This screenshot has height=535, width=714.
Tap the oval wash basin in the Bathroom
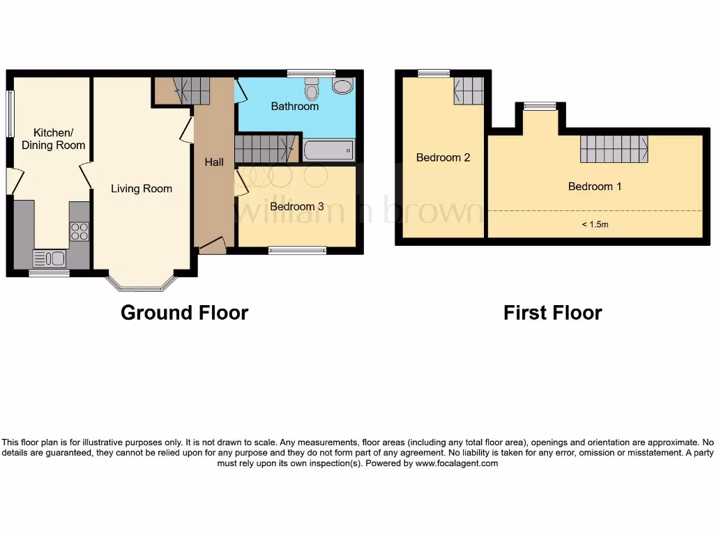click(x=342, y=86)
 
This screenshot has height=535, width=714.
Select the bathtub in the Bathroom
click(x=328, y=150)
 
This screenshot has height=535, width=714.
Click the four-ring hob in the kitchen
click(x=79, y=231)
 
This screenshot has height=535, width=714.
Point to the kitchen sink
click(x=50, y=259)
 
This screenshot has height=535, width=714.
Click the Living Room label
click(x=142, y=188)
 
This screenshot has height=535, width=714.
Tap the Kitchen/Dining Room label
click(x=53, y=139)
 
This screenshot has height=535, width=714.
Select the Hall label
click(x=214, y=162)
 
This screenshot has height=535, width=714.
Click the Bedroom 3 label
click(x=296, y=206)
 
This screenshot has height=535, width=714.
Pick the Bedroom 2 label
click(x=443, y=157)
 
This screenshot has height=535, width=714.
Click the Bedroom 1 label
click(x=595, y=186)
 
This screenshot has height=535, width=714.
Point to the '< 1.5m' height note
click(x=595, y=224)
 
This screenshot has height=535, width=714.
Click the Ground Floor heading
click(x=184, y=312)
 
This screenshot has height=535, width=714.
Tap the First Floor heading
click(x=552, y=313)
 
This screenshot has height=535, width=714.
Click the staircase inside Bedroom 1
click(x=614, y=148)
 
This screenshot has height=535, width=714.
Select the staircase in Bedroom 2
click(x=469, y=91)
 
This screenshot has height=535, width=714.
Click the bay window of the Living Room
click(x=141, y=284)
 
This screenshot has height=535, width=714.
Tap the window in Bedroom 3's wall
click(x=298, y=249)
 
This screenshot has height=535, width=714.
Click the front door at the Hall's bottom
click(x=212, y=245)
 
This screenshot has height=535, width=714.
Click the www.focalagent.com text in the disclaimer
click(x=457, y=463)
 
